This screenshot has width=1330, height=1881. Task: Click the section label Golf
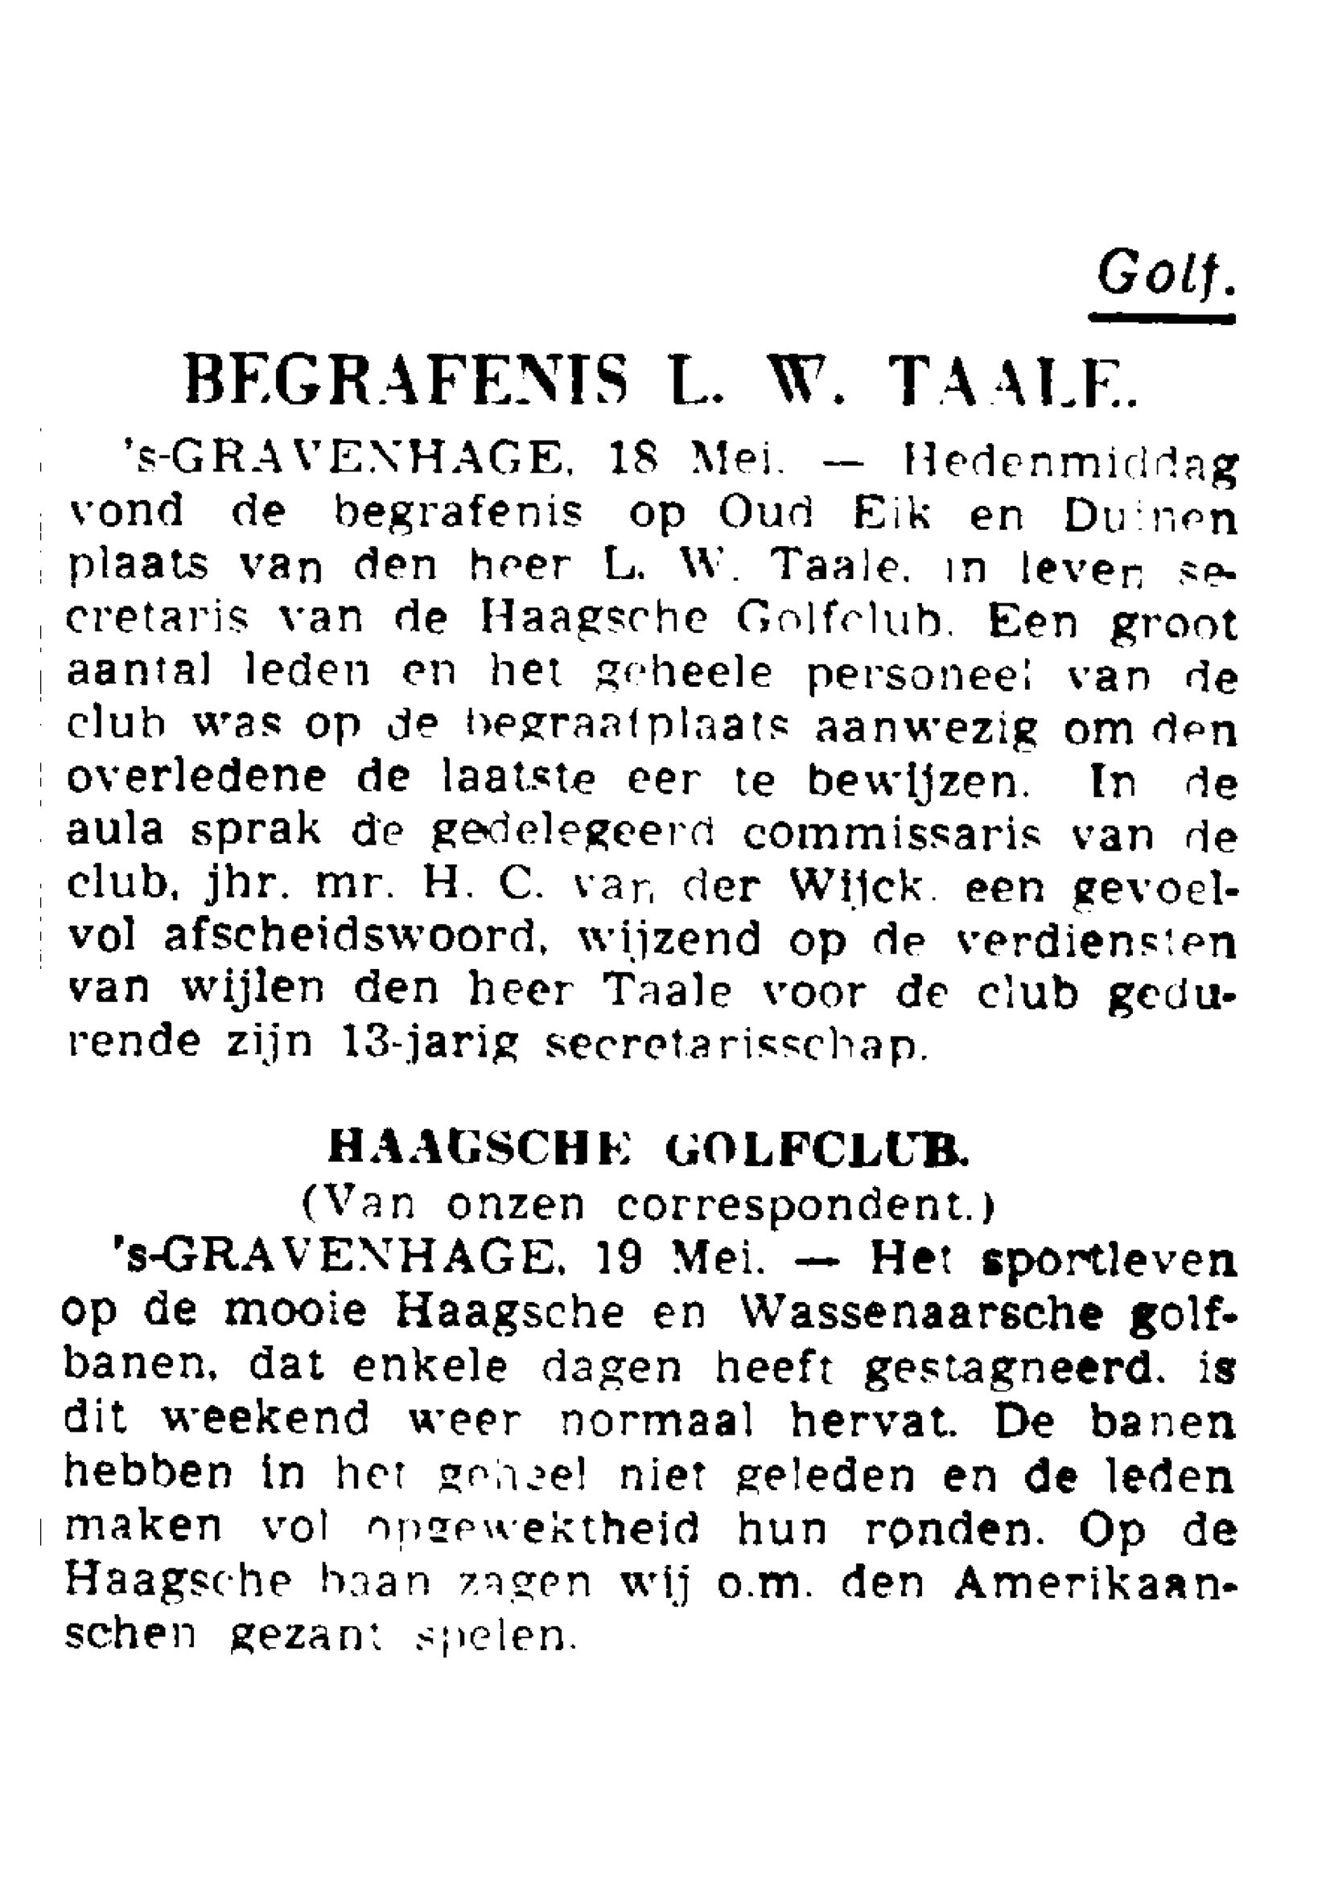coord(1164,274)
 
